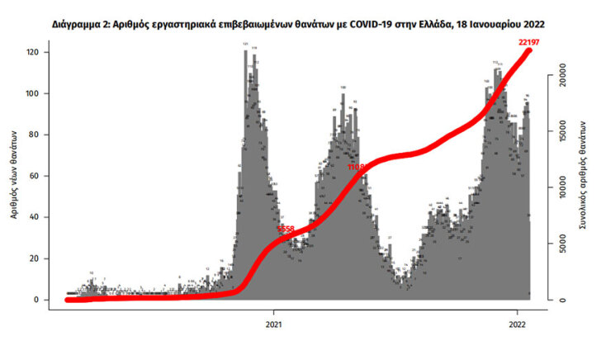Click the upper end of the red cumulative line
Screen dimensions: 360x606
tap(528, 51)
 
